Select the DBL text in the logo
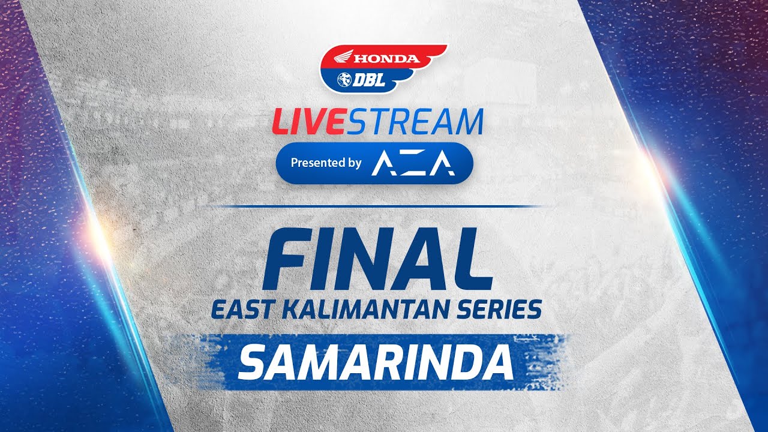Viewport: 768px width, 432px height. (x=369, y=79)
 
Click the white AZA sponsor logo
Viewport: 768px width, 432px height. (x=413, y=163)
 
